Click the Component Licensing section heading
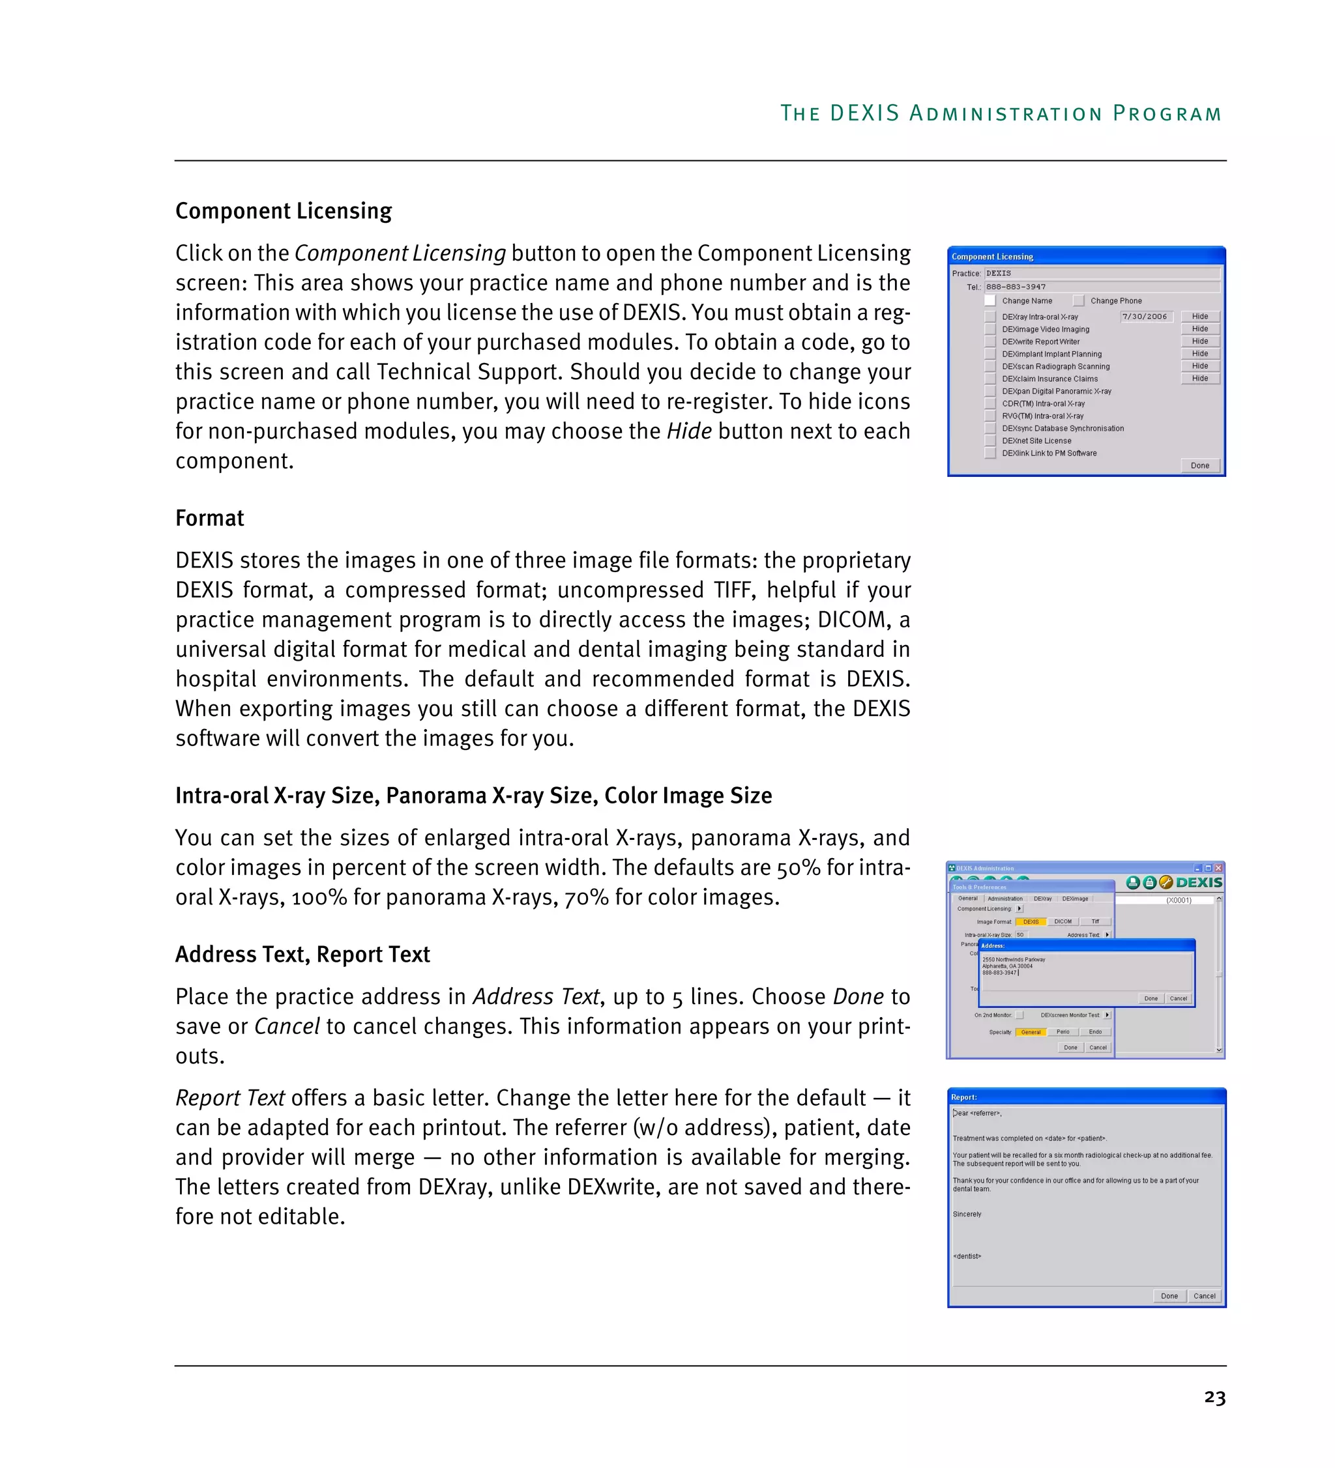click(284, 211)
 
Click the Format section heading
click(210, 519)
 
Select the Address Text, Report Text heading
click(302, 955)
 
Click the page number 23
click(1214, 1398)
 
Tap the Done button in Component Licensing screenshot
click(1199, 466)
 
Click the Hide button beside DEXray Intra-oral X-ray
click(1199, 317)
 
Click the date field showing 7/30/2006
click(1144, 317)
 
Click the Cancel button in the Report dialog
click(1203, 1296)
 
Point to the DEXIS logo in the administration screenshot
click(1199, 882)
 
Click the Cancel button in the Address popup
click(1178, 999)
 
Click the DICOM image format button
click(1063, 922)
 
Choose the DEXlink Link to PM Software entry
click(1049, 453)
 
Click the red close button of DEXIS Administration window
click(1218, 869)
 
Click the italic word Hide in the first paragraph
click(688, 432)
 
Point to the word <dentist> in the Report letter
click(967, 1256)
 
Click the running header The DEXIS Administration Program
click(1000, 114)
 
